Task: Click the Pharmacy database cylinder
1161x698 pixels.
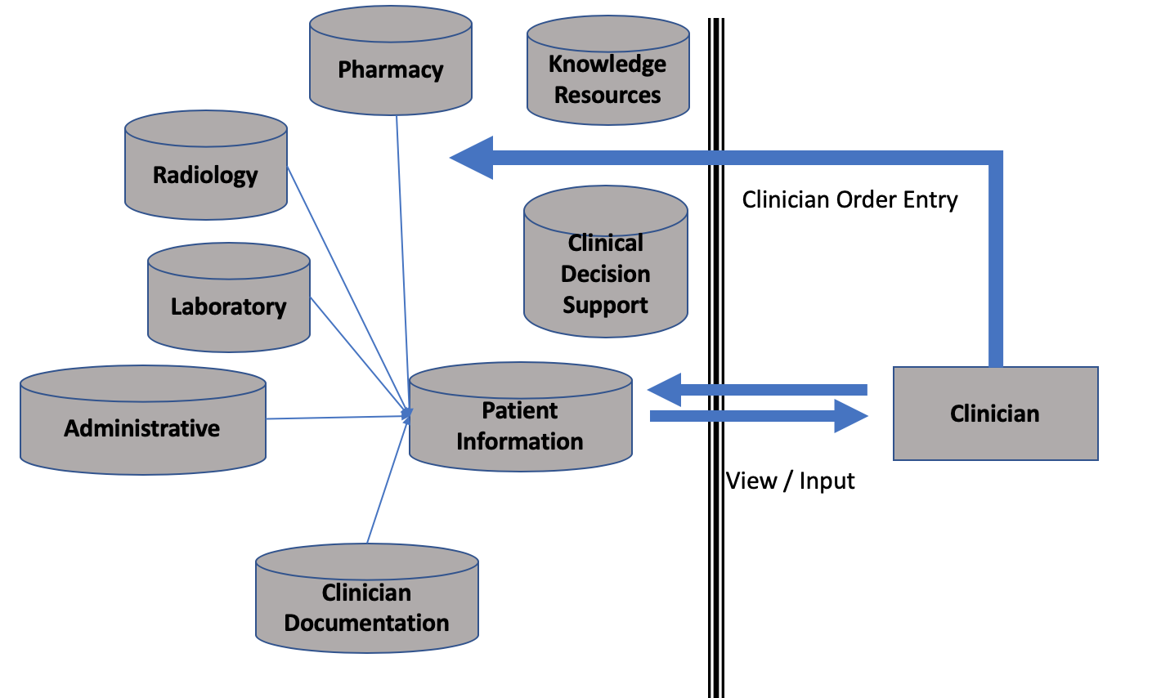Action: [391, 69]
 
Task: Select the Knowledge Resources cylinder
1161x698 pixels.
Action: [607, 79]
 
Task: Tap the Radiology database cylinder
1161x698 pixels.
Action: [205, 174]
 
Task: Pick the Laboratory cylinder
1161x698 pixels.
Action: [229, 306]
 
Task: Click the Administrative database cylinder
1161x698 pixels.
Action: [142, 427]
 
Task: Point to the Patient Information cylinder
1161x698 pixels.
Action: [520, 425]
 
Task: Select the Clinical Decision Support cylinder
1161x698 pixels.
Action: [605, 274]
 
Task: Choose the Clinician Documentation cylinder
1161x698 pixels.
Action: [366, 607]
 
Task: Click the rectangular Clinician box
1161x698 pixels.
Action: [995, 414]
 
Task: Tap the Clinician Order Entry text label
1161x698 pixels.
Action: [849, 199]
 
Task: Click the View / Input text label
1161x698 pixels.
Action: [791, 481]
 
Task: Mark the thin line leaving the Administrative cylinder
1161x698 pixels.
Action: [335, 418]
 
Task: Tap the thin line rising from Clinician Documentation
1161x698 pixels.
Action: [387, 482]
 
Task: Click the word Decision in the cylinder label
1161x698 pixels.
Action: [605, 274]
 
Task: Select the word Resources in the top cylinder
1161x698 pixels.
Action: [607, 95]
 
